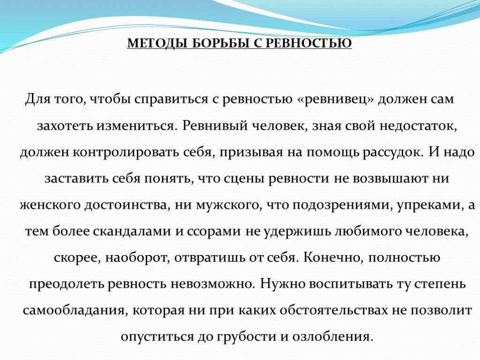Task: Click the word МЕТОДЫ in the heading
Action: (x=157, y=44)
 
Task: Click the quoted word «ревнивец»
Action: (x=336, y=99)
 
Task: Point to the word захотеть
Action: (x=65, y=126)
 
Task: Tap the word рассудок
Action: (x=393, y=152)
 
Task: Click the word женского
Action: (x=50, y=205)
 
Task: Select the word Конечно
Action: (x=333, y=258)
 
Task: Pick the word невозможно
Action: (x=213, y=284)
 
